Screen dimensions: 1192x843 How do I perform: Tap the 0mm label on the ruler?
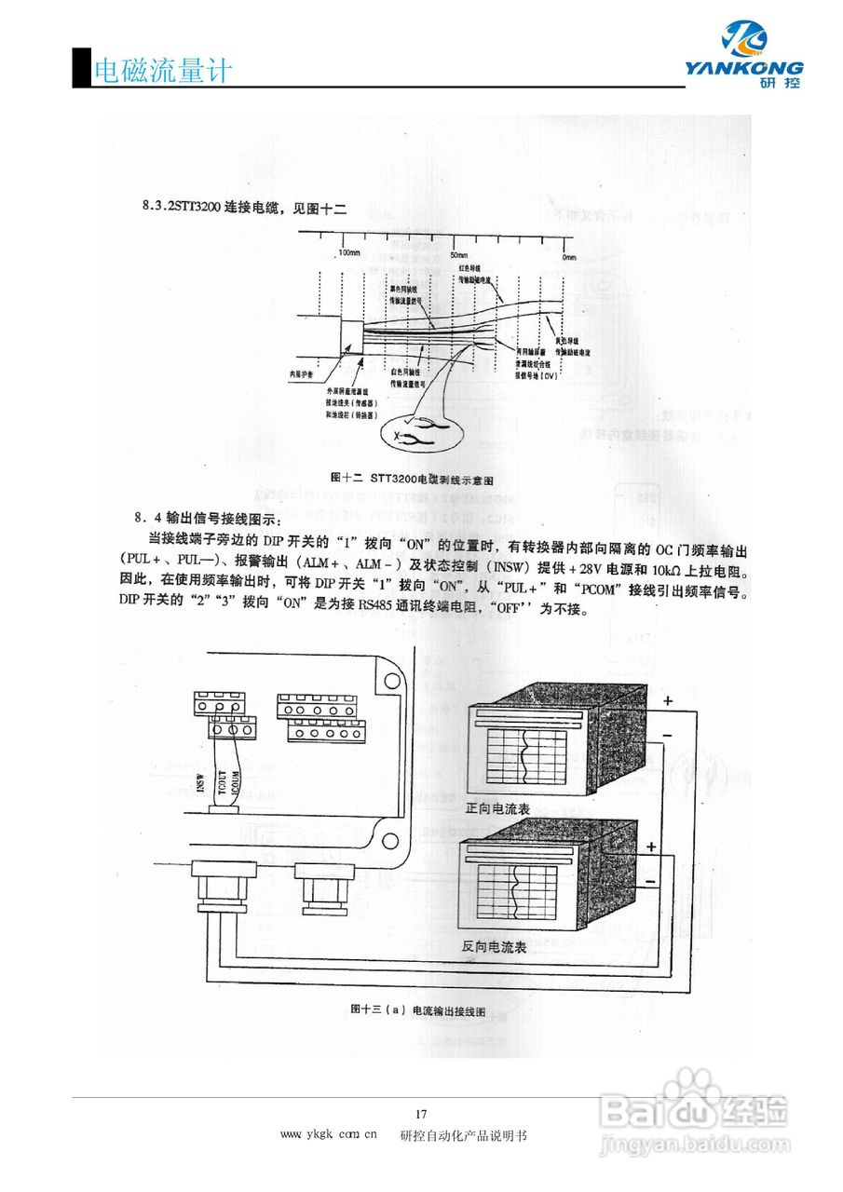(568, 256)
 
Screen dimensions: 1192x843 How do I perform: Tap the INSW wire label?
(199, 783)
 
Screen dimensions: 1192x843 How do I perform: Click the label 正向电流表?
(497, 809)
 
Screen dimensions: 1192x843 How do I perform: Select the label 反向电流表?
(495, 946)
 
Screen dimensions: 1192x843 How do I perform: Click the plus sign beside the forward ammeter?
(667, 700)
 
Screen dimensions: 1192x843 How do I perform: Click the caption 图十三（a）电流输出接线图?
(418, 1009)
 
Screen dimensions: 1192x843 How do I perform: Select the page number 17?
(421, 1115)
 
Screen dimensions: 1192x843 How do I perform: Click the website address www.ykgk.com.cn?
(328, 1135)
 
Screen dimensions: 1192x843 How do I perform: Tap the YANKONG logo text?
(743, 67)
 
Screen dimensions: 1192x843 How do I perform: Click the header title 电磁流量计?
(162, 71)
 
